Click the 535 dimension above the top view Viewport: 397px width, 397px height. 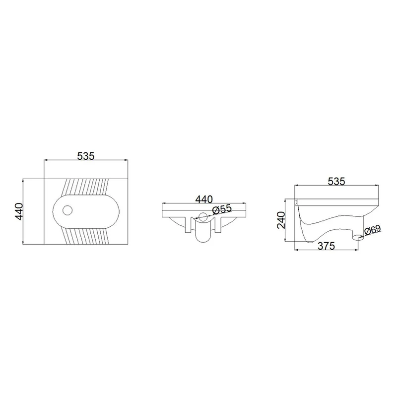pyautogui.click(x=85, y=156)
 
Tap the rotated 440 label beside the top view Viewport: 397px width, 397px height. pyautogui.click(x=19, y=211)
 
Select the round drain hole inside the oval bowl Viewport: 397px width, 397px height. pyautogui.click(x=67, y=210)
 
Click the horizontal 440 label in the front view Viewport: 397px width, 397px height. pyautogui.click(x=204, y=199)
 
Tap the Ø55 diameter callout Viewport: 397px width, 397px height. pyautogui.click(x=222, y=209)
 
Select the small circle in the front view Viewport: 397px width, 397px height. pyautogui.click(x=203, y=217)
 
